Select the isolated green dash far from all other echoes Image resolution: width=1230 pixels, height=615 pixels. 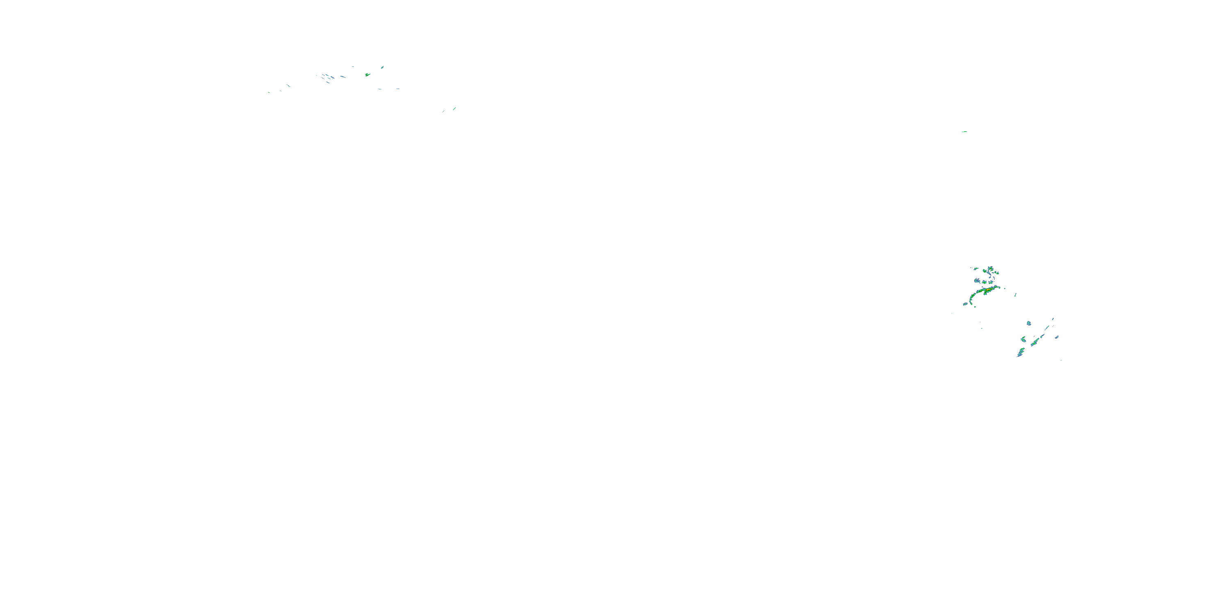[964, 131]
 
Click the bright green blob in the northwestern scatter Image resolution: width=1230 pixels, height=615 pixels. [367, 75]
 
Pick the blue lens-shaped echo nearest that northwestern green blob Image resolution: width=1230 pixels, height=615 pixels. [382, 67]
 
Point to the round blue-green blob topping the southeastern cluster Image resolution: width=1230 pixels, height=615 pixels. [1029, 323]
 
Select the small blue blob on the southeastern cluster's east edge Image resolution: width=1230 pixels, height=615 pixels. [1057, 337]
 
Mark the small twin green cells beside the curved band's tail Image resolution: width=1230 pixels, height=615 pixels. [965, 304]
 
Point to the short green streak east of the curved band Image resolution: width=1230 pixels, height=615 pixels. [1015, 295]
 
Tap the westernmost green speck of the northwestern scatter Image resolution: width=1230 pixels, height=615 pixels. [269, 92]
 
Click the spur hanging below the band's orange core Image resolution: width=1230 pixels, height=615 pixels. [986, 294]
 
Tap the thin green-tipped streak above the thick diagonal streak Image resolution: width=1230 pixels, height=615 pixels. [1048, 328]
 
